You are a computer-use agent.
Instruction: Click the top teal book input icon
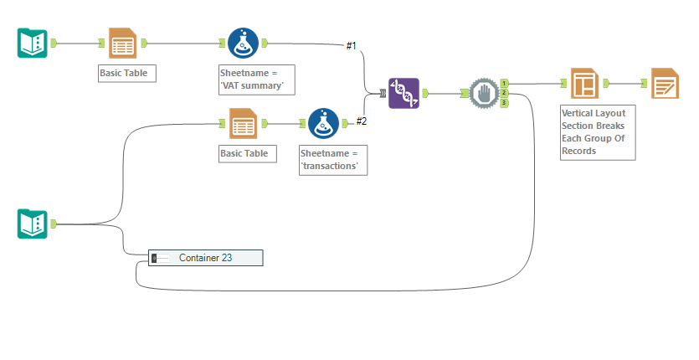[x=33, y=43]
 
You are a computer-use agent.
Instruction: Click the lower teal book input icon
[x=33, y=224]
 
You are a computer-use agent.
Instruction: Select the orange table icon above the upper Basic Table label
[x=123, y=43]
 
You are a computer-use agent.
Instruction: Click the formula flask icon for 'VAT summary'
[x=243, y=43]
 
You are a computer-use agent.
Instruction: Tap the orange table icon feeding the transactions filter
[x=243, y=124]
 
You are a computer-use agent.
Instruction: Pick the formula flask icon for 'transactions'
[x=324, y=124]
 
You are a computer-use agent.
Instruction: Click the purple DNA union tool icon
[x=403, y=93]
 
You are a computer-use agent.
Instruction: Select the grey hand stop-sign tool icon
[x=483, y=93]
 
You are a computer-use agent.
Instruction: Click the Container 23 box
[x=205, y=258]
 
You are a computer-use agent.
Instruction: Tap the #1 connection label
[x=352, y=45]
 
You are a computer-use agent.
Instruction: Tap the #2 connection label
[x=362, y=121]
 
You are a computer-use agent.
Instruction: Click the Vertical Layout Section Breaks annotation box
[x=598, y=131]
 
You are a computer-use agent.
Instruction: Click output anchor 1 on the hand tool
[x=505, y=83]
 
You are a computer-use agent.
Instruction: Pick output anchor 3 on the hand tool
[x=505, y=103]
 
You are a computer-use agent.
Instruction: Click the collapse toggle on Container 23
[x=155, y=258]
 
